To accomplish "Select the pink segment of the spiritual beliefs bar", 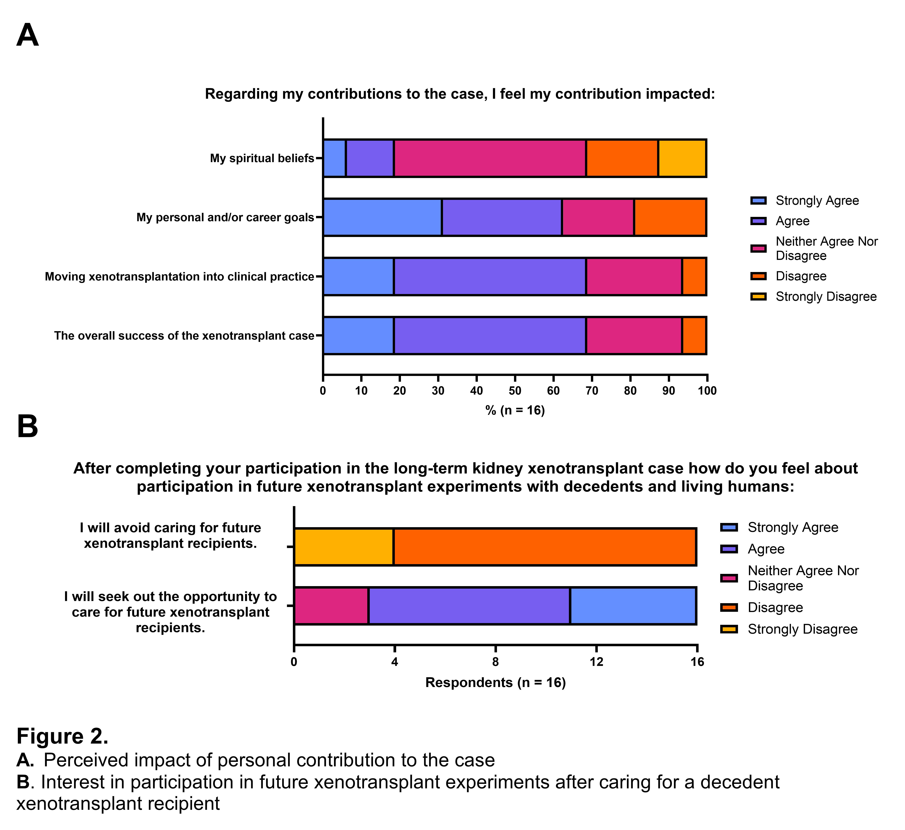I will coord(490,158).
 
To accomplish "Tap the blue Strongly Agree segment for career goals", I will coord(382,217).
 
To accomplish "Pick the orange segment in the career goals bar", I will coord(670,217).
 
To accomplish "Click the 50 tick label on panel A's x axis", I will coord(515,391).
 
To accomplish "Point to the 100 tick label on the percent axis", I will coord(707,391).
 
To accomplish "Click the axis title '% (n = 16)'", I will coord(515,411).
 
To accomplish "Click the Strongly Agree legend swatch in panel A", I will coord(758,200).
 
